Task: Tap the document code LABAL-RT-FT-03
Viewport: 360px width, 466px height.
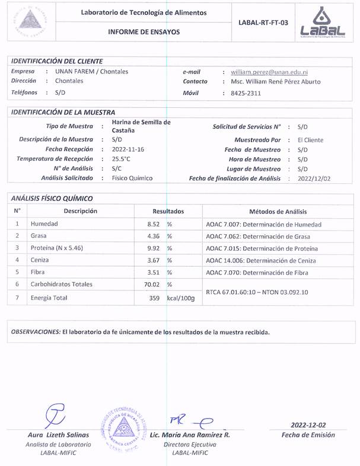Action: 263,23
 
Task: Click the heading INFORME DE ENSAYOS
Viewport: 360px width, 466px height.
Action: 144,32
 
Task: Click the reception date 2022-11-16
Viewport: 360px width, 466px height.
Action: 128,149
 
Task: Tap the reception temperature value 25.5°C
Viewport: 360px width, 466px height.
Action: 122,159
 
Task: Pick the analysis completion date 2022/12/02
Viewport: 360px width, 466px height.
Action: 314,178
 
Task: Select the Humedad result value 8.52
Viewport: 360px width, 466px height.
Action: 154,225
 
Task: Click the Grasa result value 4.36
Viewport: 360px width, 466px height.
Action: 154,237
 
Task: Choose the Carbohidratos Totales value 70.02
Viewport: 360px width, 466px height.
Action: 152,285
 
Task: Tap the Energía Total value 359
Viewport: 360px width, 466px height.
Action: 155,298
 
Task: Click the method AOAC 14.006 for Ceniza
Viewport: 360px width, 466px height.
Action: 260,260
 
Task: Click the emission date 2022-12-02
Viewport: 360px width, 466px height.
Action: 308,425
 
